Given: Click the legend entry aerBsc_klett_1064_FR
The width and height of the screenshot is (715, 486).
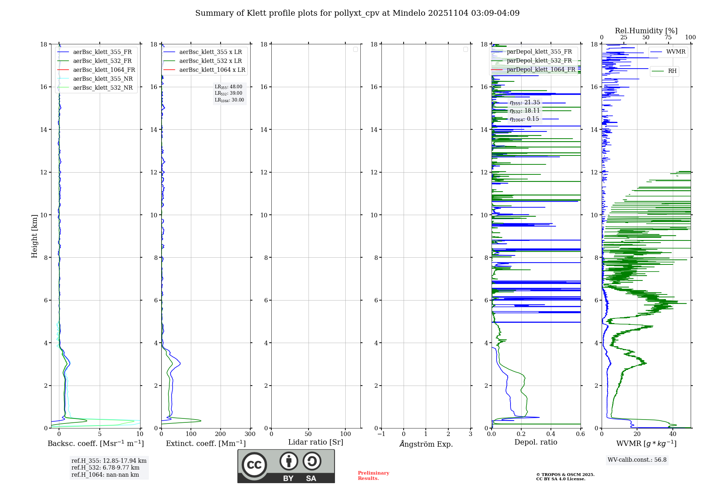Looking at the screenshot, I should pyautogui.click(x=104, y=70).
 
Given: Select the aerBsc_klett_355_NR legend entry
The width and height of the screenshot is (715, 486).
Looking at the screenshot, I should pyautogui.click(x=103, y=79).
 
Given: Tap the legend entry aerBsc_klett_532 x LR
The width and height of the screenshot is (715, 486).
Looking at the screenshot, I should pyautogui.click(x=210, y=61).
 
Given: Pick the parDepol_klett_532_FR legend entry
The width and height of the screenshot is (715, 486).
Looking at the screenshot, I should pyautogui.click(x=539, y=60).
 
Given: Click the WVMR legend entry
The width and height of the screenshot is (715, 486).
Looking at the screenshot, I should pyautogui.click(x=675, y=52).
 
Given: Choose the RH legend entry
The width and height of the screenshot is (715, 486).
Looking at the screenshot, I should pyautogui.click(x=672, y=71).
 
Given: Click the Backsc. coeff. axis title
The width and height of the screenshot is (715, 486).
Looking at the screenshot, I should pyautogui.click(x=95, y=443).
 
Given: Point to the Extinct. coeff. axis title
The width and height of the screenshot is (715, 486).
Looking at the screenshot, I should pyautogui.click(x=206, y=443).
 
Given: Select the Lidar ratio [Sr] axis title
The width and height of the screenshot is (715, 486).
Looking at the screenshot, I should pyautogui.click(x=316, y=442).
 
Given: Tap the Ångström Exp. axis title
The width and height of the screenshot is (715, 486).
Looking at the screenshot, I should pyautogui.click(x=426, y=444).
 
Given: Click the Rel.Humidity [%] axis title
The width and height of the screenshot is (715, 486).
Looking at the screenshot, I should pyautogui.click(x=646, y=31).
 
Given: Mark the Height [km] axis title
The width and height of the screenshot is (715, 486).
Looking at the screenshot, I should pyautogui.click(x=34, y=236).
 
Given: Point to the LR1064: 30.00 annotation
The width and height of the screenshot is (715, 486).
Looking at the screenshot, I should pyautogui.click(x=229, y=100).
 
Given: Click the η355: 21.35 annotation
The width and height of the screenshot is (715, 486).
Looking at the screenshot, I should pyautogui.click(x=525, y=103).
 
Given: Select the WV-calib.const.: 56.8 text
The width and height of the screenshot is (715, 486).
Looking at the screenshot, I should pyautogui.click(x=637, y=460).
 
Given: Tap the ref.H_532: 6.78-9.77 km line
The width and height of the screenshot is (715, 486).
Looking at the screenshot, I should pyautogui.click(x=105, y=468).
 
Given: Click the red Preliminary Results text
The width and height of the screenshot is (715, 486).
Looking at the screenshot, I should pyautogui.click(x=373, y=476).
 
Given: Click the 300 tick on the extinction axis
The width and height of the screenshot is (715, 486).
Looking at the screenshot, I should pyautogui.click(x=250, y=434).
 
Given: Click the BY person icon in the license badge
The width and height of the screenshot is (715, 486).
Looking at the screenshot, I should pyautogui.click(x=289, y=462).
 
